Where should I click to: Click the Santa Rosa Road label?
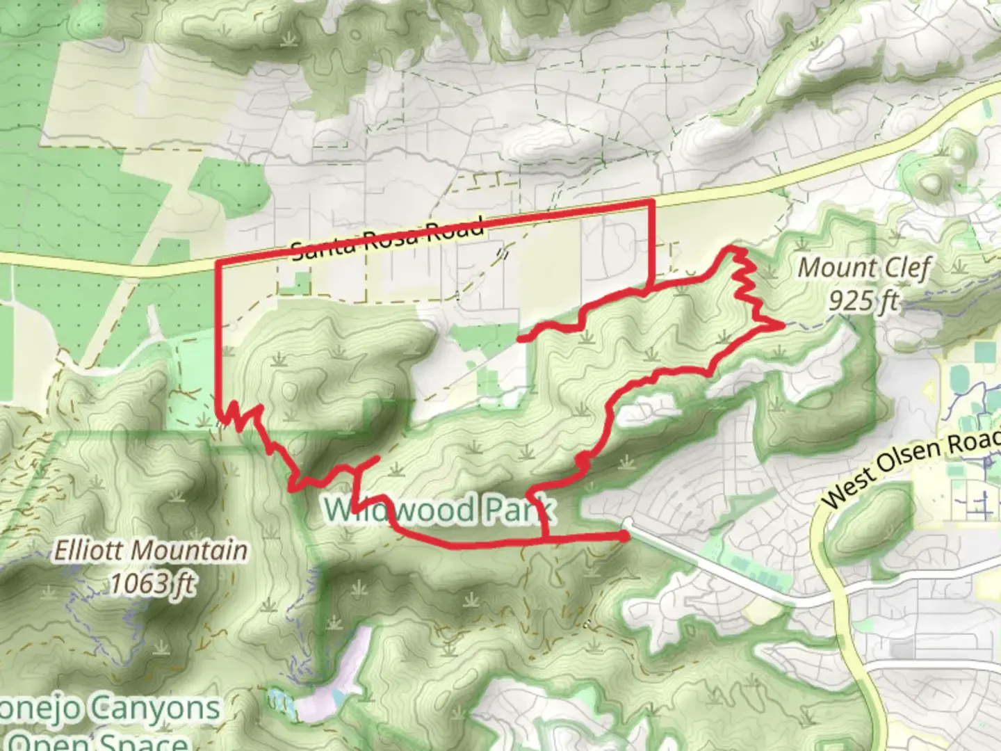point(387,240)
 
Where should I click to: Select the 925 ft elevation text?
point(863,300)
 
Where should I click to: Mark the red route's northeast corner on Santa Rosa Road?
point(651,202)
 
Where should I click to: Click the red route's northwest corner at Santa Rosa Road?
point(220,263)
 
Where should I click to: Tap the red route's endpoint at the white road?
point(625,536)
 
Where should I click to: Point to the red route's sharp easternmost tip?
point(783,324)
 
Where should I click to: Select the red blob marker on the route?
point(584,460)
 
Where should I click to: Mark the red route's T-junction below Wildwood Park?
point(544,540)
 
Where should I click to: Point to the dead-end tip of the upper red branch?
point(520,339)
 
